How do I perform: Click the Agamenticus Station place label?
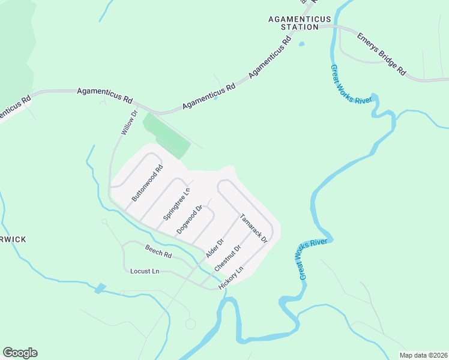point(293,23)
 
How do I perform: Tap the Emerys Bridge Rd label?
point(382,54)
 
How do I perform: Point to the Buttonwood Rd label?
point(148,183)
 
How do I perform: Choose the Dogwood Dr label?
point(191,220)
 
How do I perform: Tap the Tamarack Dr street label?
point(253,228)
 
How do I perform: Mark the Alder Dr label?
point(214,248)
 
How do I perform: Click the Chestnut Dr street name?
point(229,257)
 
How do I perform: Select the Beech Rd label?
point(158,251)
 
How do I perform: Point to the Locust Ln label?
point(145,271)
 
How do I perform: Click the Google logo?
point(20,353)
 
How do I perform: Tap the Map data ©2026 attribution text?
point(423,355)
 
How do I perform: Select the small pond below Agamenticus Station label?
point(301,43)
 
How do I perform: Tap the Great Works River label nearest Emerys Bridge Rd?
point(352,84)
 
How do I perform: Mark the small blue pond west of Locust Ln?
point(100,288)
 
